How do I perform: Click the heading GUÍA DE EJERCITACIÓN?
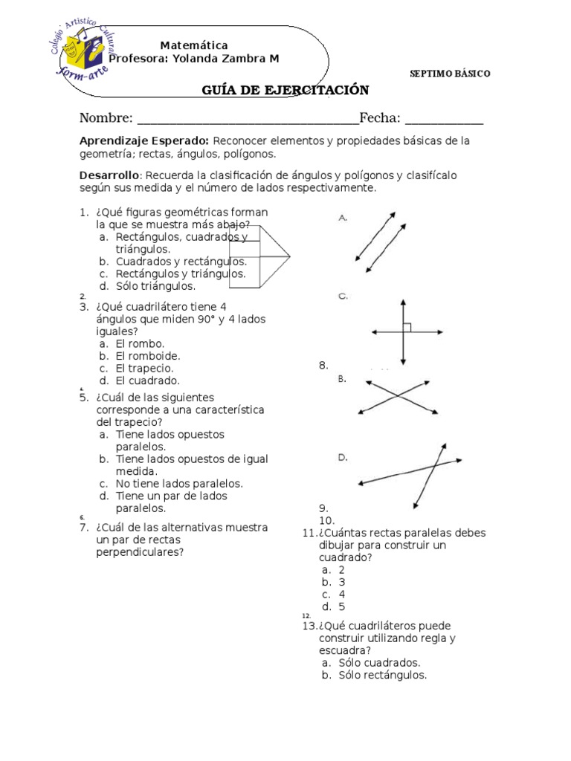pos(285,91)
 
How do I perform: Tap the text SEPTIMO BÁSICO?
pos(450,74)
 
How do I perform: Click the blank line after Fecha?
pos(444,119)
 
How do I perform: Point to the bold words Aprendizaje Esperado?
pos(144,140)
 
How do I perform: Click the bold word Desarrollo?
pos(109,175)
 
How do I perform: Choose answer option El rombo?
pos(141,343)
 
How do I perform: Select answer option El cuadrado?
pos(148,380)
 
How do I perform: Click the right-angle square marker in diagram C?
pos(407,328)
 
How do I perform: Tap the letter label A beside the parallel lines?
pos(343,218)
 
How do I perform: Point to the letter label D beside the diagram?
pos(343,458)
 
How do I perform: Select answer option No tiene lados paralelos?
pos(179,483)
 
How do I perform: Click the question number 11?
pos(309,533)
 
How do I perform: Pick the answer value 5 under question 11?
pos(342,606)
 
